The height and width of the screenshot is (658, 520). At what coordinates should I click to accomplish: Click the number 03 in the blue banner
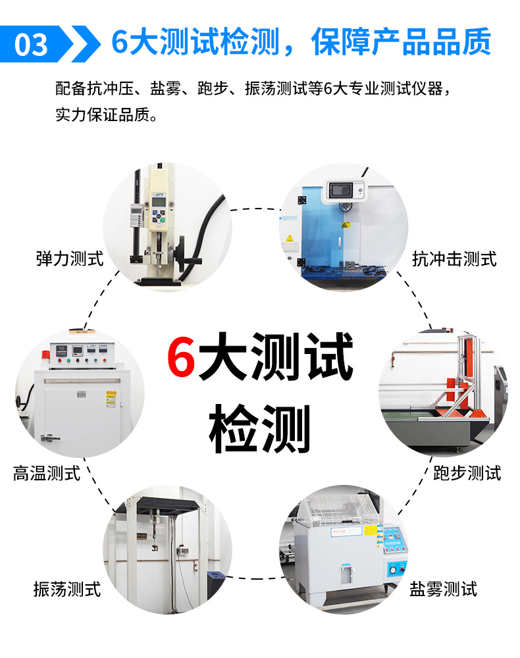(31, 45)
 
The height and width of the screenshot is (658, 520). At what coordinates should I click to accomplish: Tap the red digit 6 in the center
(181, 356)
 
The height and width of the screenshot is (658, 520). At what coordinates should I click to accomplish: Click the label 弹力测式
(70, 259)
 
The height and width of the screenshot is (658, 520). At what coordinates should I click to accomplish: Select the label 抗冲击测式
(454, 259)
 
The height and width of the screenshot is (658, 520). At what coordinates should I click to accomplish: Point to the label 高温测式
(46, 473)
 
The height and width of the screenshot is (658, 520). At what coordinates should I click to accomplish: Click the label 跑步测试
(467, 473)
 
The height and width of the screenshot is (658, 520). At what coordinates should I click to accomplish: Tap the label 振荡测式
(67, 589)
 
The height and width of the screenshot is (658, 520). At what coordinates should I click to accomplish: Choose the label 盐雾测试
(443, 589)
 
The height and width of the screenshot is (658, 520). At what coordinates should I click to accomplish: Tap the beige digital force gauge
(158, 201)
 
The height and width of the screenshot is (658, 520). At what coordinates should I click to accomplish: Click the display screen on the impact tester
(340, 191)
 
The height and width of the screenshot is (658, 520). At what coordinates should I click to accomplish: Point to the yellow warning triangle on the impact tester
(290, 238)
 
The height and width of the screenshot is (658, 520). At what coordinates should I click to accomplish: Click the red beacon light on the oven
(45, 355)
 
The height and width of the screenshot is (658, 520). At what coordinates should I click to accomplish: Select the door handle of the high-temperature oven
(49, 438)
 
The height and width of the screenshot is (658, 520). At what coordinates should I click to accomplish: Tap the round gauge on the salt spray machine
(392, 569)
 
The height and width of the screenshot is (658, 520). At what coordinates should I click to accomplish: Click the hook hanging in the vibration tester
(155, 548)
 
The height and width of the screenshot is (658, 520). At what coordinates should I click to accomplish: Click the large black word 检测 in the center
(259, 428)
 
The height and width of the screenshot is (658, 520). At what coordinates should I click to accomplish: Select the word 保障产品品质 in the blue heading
(402, 41)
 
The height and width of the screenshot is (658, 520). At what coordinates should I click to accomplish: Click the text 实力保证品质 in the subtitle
(103, 114)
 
